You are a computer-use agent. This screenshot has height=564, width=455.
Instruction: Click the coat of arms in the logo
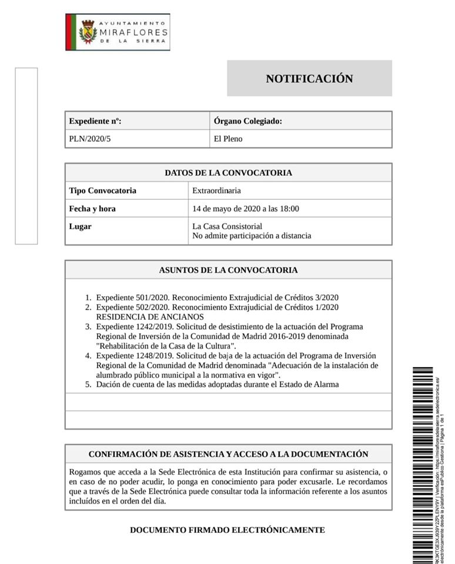tap(88, 32)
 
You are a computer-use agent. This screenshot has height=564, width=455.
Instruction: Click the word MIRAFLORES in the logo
tap(133, 33)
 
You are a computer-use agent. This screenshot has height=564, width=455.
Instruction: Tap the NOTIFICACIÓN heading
tap(309, 79)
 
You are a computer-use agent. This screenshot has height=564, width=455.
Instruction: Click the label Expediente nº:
tap(95, 121)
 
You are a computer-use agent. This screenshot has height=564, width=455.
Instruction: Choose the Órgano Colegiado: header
tap(248, 121)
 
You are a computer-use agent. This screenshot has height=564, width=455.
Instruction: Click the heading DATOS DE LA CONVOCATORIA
tap(228, 173)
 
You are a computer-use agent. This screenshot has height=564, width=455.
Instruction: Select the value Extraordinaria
tap(216, 190)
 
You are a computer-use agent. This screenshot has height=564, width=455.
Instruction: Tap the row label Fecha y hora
tap(92, 209)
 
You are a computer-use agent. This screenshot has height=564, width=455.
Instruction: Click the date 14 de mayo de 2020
tap(226, 209)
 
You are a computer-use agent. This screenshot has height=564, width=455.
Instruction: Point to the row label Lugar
tap(81, 226)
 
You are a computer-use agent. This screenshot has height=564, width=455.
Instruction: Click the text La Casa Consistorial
tap(227, 226)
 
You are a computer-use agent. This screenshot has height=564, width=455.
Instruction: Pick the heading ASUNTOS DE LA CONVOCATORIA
tap(228, 270)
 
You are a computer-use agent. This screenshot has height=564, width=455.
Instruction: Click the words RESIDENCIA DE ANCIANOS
tap(142, 317)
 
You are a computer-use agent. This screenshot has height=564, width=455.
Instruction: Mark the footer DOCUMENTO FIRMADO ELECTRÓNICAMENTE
tap(227, 530)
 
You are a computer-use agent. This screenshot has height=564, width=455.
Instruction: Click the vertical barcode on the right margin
tap(423, 464)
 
